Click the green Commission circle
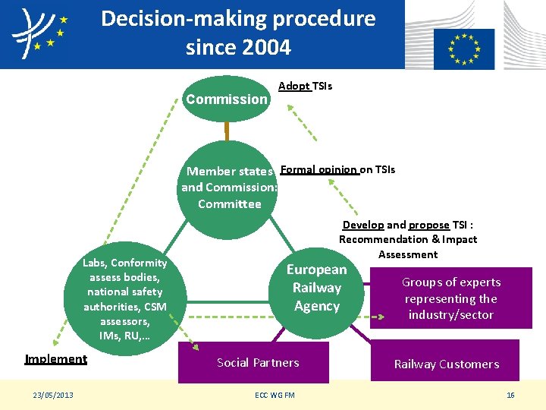click(226, 99)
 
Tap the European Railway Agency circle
click(316, 289)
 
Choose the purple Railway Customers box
click(446, 363)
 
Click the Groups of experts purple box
click(450, 298)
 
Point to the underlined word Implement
click(55, 359)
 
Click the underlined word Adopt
click(294, 86)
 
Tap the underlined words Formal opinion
click(318, 169)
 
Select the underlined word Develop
click(362, 225)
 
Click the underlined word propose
click(428, 225)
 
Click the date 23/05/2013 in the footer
click(53, 395)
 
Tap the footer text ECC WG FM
click(275, 395)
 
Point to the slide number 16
click(510, 395)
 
